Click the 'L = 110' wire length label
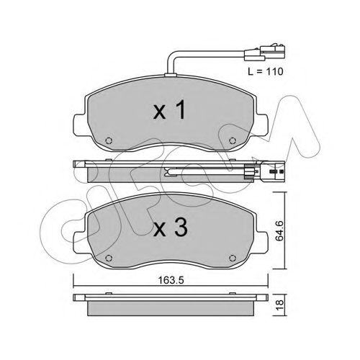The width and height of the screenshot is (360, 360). pos(266,71)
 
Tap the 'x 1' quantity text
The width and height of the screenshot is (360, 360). pos(169,110)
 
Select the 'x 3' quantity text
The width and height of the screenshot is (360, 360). pos(170,228)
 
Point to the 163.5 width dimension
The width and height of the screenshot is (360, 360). pos(171,280)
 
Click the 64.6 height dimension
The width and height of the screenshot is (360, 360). pos(279,231)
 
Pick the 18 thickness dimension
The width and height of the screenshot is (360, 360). pos(280,305)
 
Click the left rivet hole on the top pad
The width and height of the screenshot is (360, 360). pos(109,140)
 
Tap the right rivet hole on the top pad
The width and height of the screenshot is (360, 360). pos(232,140)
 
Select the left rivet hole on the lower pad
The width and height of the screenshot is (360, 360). pos(109,258)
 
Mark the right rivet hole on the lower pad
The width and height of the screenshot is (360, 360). pos(232,258)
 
